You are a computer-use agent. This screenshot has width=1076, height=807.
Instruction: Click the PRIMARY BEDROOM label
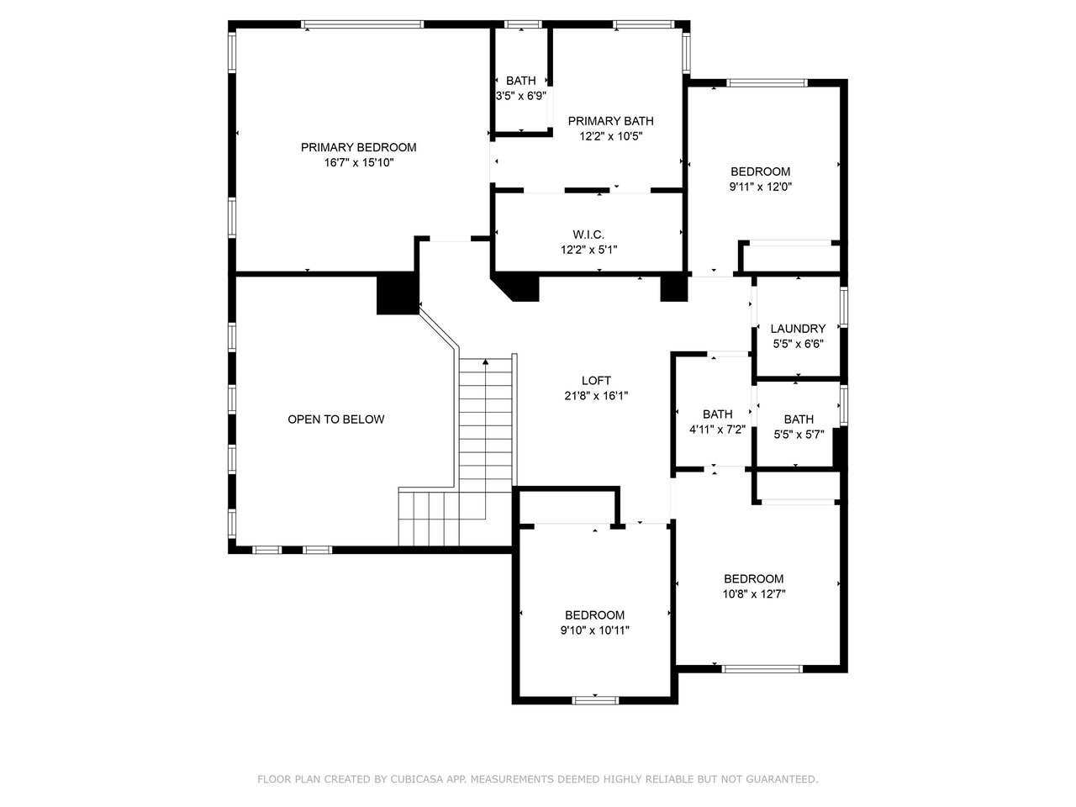358,147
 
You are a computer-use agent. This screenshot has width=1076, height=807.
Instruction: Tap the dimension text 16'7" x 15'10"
358,163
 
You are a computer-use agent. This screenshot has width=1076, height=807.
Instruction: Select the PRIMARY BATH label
610,120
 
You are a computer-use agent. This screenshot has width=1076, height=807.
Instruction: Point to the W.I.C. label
588,235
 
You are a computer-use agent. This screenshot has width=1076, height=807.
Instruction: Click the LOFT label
596,380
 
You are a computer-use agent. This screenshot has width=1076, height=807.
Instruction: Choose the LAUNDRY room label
798,329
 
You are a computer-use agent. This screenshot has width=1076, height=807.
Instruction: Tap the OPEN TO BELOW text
335,419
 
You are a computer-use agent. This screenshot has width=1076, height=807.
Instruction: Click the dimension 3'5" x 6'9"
520,96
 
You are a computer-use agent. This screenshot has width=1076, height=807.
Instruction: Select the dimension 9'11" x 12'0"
760,187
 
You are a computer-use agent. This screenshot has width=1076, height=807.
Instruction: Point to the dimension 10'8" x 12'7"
753,593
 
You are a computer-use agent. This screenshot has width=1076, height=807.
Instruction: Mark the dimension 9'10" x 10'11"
594,630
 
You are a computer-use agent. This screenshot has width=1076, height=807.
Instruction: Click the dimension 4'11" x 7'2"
717,430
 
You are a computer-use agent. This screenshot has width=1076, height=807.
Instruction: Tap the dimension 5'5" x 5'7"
799,435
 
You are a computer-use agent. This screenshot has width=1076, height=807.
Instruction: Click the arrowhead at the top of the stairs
485,362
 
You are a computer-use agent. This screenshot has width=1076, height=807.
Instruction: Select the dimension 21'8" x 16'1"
596,396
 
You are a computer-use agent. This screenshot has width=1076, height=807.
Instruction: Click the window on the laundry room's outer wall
844,307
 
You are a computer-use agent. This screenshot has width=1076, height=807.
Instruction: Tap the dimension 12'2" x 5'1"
588,250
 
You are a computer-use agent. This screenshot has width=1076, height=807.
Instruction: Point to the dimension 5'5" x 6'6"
798,344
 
